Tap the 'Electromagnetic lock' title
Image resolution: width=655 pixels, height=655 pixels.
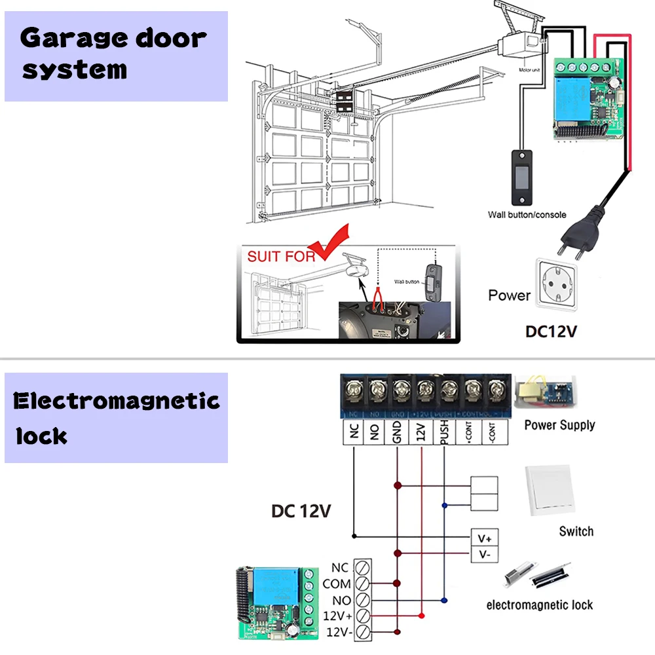point(116,417)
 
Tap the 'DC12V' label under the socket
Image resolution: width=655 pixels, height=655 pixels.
point(551,331)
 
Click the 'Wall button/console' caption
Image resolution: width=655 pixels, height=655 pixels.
point(527,214)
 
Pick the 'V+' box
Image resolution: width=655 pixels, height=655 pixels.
point(485,538)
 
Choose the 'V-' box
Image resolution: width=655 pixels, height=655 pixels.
point(485,555)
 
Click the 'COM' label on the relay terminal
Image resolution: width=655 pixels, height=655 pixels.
point(337,584)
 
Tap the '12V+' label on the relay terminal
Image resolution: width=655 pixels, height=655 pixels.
point(337,616)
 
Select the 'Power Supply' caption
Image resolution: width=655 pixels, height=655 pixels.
point(559,425)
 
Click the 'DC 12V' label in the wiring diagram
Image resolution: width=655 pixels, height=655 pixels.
point(301,510)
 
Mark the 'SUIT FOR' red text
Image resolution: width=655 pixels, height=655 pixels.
point(281,255)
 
